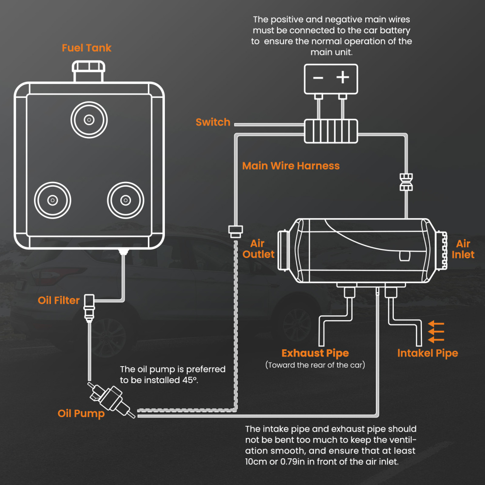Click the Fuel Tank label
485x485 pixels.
[86, 48]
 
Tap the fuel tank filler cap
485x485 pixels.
[88, 71]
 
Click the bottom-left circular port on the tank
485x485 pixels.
[52, 200]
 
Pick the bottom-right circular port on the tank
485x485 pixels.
[126, 200]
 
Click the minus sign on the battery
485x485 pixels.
[318, 78]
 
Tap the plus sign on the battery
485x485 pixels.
[343, 77]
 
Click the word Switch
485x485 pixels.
[212, 122]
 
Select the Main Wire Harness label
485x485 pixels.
[291, 166]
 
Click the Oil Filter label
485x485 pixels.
[59, 301]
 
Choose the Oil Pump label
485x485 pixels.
[81, 414]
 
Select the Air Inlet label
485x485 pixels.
[463, 249]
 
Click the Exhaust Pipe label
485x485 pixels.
[315, 353]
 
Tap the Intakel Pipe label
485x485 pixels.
[427, 353]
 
